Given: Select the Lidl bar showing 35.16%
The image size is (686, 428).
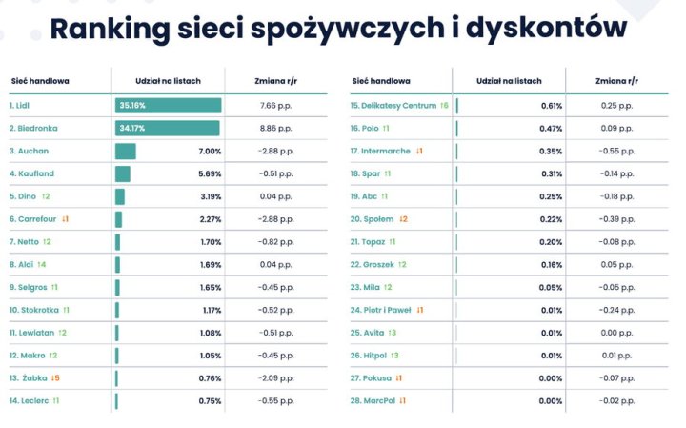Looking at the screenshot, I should point(168,106).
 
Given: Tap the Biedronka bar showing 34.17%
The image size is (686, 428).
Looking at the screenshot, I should point(167,128).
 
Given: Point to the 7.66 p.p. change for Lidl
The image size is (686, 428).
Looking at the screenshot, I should point(275,106).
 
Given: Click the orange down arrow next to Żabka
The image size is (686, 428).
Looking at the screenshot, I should point(55,377).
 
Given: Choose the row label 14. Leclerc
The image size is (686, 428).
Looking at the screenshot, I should point(30,400).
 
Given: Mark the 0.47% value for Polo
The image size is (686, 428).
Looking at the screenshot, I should point(551,128).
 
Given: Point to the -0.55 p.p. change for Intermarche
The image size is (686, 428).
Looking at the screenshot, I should point(616,151).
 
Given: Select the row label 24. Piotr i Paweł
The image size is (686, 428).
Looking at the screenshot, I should point(380,310).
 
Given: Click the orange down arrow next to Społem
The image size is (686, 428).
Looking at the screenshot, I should point(403,219).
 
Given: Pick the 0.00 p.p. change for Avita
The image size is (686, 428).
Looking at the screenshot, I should point(616,333).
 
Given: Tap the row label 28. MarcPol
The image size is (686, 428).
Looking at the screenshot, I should point(372,400).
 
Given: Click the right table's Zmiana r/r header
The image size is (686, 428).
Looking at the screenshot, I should point(615,82).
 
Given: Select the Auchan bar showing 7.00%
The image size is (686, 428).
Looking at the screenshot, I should point(126,151).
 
